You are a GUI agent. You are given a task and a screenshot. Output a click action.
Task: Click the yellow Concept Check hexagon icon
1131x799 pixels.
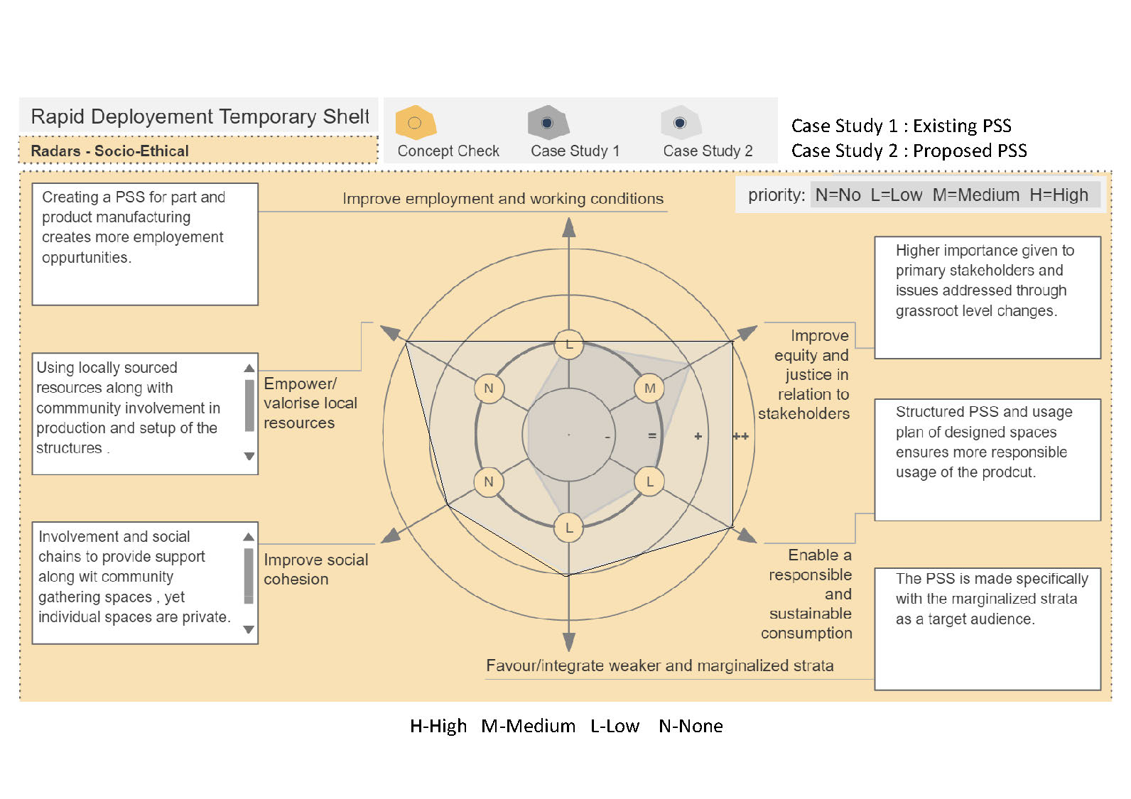[x=416, y=123]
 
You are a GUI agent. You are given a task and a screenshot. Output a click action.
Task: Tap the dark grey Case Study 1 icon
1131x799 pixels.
[x=547, y=123]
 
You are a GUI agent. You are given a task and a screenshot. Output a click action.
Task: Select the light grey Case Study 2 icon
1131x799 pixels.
[x=681, y=123]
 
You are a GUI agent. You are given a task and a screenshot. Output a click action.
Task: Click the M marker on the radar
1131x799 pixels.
[x=649, y=388]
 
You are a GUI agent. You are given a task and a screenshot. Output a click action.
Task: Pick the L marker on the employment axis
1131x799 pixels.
[x=569, y=345]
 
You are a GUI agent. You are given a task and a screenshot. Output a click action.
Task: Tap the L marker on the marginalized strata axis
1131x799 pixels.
[x=569, y=528]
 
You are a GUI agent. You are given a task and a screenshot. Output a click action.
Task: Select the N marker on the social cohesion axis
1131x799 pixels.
[x=489, y=482]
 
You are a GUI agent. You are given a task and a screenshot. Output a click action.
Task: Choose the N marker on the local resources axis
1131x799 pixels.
[x=489, y=388]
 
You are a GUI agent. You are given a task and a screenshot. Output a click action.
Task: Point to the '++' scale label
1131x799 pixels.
[x=740, y=436]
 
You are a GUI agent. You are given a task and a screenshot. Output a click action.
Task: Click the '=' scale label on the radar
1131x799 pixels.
[x=652, y=436]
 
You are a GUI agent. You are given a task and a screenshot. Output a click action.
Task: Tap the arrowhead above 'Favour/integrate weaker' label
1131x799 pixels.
[x=569, y=641]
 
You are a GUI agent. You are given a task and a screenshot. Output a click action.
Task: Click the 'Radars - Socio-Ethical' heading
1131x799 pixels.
[x=110, y=151]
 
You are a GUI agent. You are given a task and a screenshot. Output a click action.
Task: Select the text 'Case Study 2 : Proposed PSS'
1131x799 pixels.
[x=909, y=151]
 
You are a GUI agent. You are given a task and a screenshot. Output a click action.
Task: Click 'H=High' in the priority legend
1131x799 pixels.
[x=1059, y=195]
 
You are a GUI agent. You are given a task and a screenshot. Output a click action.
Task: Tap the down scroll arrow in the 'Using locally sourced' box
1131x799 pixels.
[x=249, y=456]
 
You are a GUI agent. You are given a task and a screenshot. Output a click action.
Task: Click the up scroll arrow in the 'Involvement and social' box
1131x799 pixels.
[x=249, y=537]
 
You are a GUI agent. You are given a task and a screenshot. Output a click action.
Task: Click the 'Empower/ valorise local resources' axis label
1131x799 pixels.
[x=310, y=403]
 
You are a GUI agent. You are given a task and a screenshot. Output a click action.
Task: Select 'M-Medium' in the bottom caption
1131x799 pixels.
[x=528, y=726]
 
